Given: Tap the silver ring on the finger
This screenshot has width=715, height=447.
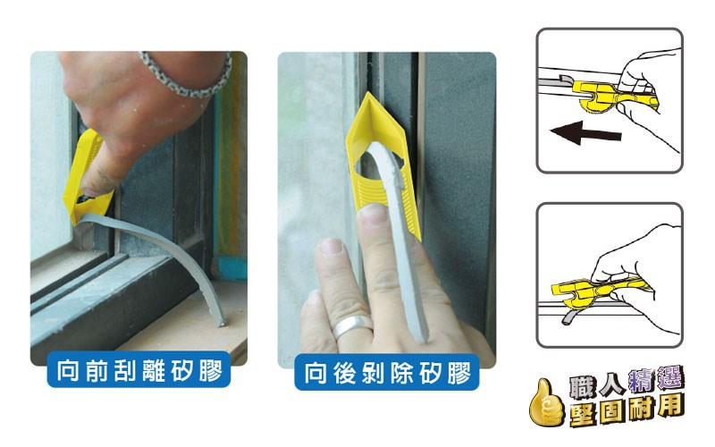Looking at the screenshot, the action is [351, 325].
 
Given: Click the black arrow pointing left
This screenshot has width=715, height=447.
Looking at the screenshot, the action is [585, 132].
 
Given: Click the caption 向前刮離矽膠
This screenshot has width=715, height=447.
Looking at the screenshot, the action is [139, 370].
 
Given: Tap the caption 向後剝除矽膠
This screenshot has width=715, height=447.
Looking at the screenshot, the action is [387, 373].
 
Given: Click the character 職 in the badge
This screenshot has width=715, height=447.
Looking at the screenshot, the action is [583, 388].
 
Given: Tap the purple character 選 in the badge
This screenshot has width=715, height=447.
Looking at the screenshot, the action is [669, 378].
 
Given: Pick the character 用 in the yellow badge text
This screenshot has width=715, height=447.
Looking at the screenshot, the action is [671, 407].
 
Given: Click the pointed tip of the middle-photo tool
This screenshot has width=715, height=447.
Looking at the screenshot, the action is [367, 93].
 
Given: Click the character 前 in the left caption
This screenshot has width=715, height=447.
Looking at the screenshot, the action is [97, 370].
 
